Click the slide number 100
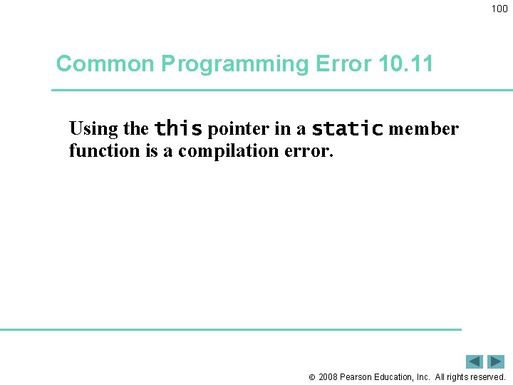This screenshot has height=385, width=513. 499,9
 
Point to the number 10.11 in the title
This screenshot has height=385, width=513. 406,64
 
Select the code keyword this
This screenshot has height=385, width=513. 178,128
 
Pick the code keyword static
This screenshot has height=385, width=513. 348,128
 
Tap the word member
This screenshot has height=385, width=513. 423,129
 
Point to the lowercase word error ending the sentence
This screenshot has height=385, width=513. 307,152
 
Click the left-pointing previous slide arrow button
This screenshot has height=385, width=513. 475,361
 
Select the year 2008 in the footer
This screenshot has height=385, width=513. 328,377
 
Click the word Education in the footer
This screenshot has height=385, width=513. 394,377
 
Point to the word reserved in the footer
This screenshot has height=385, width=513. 485,377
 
